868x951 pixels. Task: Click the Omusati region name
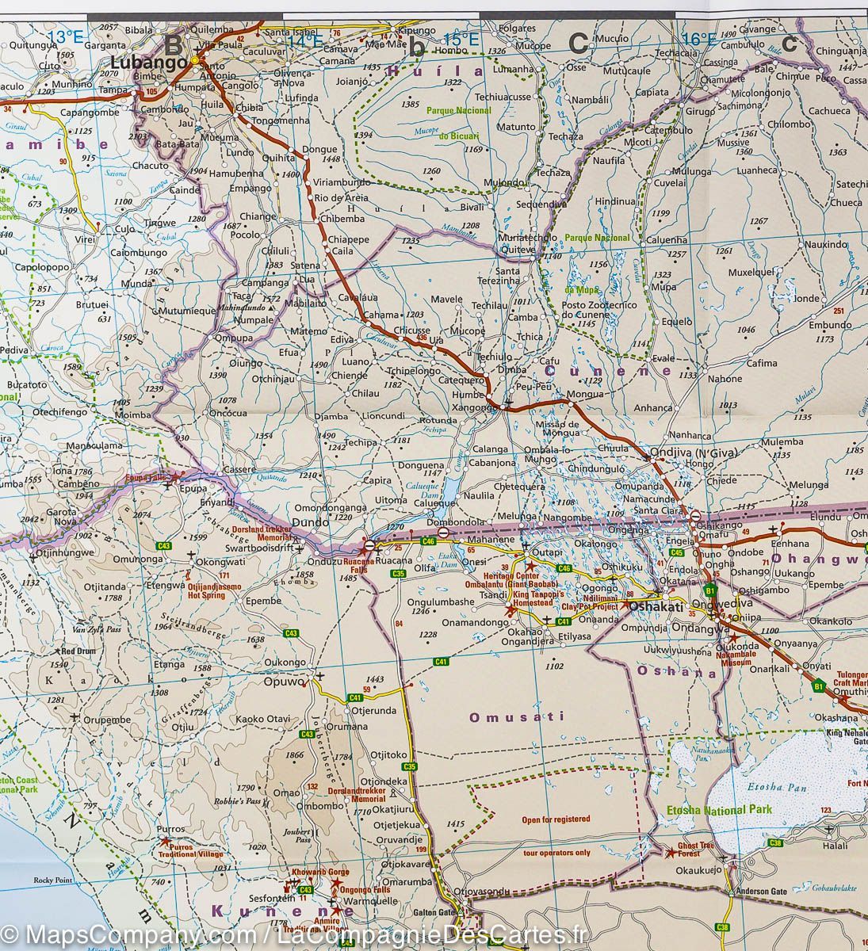pyautogui.click(x=517, y=717)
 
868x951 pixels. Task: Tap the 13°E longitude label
pyautogui.click(x=65, y=36)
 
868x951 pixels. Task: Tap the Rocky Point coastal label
pyautogui.click(x=52, y=880)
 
